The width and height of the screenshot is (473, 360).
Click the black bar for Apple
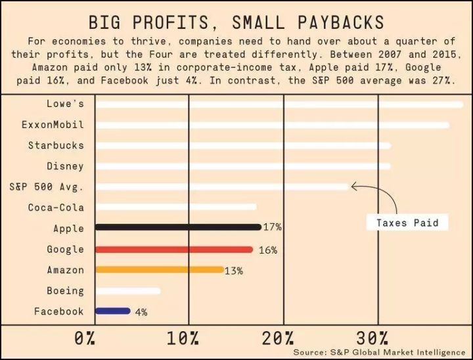click(177, 227)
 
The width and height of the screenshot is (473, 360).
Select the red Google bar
click(174, 250)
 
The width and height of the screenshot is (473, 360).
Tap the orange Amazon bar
click(159, 270)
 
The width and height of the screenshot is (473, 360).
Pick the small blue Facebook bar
click(112, 311)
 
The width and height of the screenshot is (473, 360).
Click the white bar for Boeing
click(127, 291)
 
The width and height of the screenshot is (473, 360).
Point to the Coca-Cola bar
click(175, 207)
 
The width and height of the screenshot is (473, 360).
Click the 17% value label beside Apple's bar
click(272, 227)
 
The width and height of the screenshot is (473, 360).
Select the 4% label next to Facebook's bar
click(141, 312)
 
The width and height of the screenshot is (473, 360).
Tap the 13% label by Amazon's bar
click(233, 271)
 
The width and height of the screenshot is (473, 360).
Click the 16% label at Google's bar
click(267, 250)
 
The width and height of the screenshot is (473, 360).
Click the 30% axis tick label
click(372, 339)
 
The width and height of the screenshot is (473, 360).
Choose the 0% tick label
click(85, 339)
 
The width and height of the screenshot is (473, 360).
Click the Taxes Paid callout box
click(402, 223)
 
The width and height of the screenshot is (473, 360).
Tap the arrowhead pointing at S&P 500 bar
click(354, 187)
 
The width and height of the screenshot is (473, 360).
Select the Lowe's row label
click(65, 104)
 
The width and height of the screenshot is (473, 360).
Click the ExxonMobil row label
click(53, 125)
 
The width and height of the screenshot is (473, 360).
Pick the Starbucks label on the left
click(56, 145)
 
